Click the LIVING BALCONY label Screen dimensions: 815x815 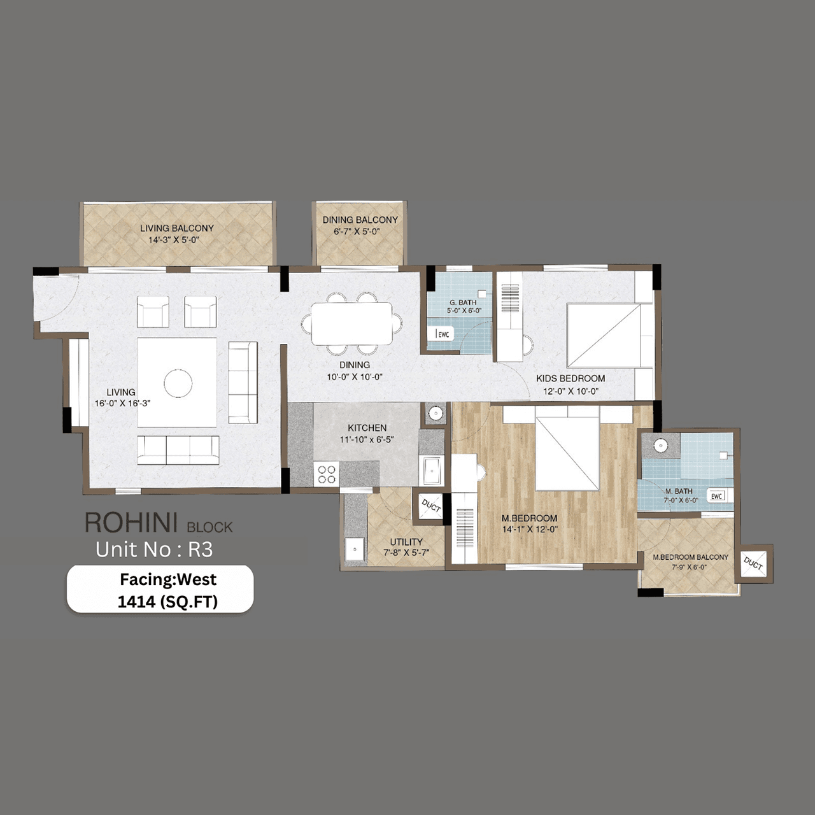click(177, 228)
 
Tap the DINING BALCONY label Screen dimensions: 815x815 click(360, 220)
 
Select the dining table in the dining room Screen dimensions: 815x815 click(351, 323)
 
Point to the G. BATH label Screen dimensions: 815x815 click(463, 302)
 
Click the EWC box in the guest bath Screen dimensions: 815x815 click(443, 334)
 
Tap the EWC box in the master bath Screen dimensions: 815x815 click(717, 496)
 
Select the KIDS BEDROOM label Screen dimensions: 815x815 click(570, 378)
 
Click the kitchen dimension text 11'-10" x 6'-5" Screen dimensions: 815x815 click(367, 439)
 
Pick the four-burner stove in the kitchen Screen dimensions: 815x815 click(327, 474)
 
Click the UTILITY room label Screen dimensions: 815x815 click(406, 542)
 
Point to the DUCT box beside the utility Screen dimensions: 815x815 click(431, 506)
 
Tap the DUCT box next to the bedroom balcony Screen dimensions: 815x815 click(754, 563)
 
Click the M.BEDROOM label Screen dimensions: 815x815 click(529, 518)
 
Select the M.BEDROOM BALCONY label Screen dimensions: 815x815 click(690, 557)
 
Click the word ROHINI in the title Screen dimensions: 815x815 click(131, 523)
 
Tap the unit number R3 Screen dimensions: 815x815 click(200, 549)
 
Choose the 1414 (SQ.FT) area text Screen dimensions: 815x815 click(167, 602)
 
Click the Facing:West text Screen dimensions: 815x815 click(168, 579)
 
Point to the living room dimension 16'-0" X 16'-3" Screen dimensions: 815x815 click(122, 403)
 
